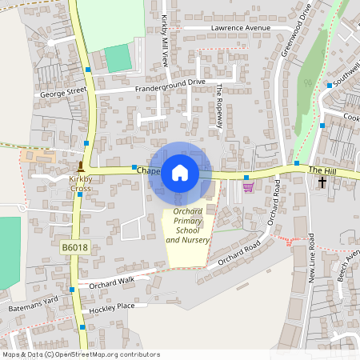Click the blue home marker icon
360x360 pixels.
tap(180, 172)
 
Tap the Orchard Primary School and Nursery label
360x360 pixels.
tap(187, 226)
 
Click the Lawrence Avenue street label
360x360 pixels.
tap(241, 28)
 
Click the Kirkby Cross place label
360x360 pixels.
tap(80, 184)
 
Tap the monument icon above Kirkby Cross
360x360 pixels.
tap(80, 167)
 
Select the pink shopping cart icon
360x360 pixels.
tap(248, 186)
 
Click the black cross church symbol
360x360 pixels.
tap(322, 182)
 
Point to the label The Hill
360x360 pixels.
tap(320, 170)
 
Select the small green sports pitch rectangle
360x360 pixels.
tap(117, 58)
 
